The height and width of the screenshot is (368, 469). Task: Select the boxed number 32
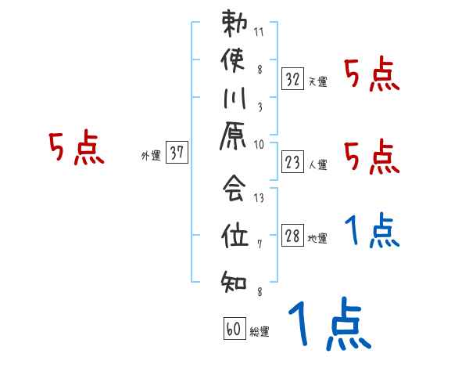pos(293,78)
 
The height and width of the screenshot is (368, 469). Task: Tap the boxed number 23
pos(293,162)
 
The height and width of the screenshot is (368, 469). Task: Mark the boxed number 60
pos(234,329)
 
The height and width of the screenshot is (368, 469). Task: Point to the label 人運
pos(317,165)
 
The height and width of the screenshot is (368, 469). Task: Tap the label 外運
pos(151,156)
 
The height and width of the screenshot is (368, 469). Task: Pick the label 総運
pos(259,332)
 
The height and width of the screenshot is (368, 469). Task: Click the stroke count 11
pos(260,33)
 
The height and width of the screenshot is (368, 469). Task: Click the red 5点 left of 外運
pos(77,148)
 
